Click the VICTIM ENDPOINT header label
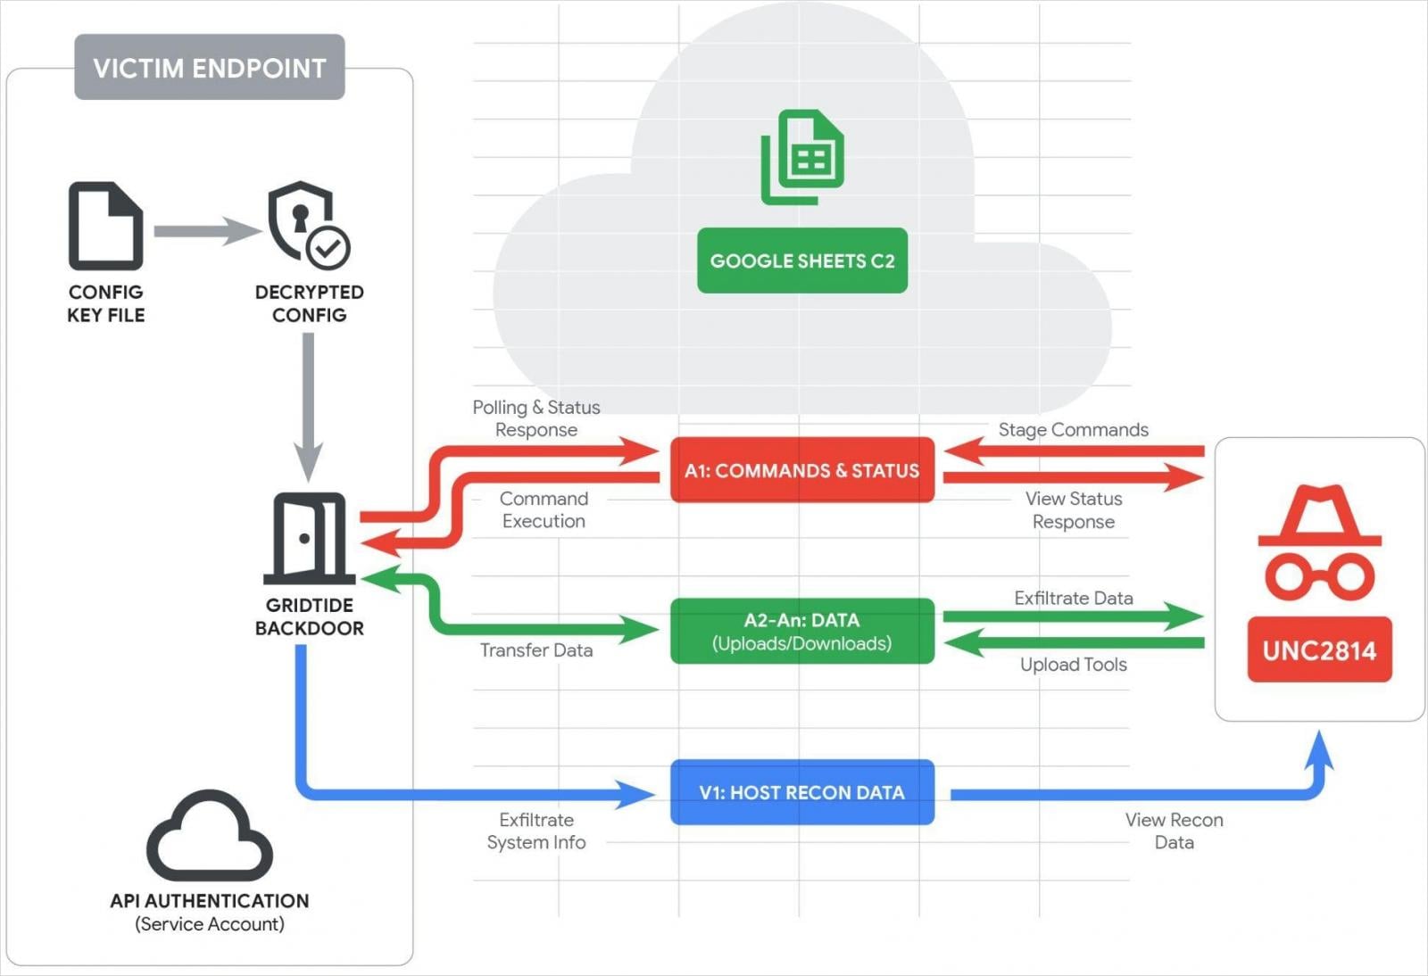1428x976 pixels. pos(210,68)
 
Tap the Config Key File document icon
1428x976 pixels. pos(105,226)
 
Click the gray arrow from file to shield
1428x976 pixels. pos(205,231)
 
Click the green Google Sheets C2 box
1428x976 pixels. pos(801,261)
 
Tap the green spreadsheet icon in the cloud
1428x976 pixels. pos(802,157)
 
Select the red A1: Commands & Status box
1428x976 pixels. pos(801,470)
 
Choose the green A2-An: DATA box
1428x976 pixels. pos(801,631)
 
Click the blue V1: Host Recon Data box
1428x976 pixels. pos(801,792)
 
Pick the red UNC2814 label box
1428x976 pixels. pos(1319,649)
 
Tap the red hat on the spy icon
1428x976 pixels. pos(1319,517)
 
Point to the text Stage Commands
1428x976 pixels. pos(1073,430)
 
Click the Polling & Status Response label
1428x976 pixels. pos(535,418)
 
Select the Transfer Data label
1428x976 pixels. pos(535,650)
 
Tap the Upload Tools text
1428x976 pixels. pos(1073,665)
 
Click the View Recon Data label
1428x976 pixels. pos(1174,831)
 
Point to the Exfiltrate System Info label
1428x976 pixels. pos(535,831)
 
